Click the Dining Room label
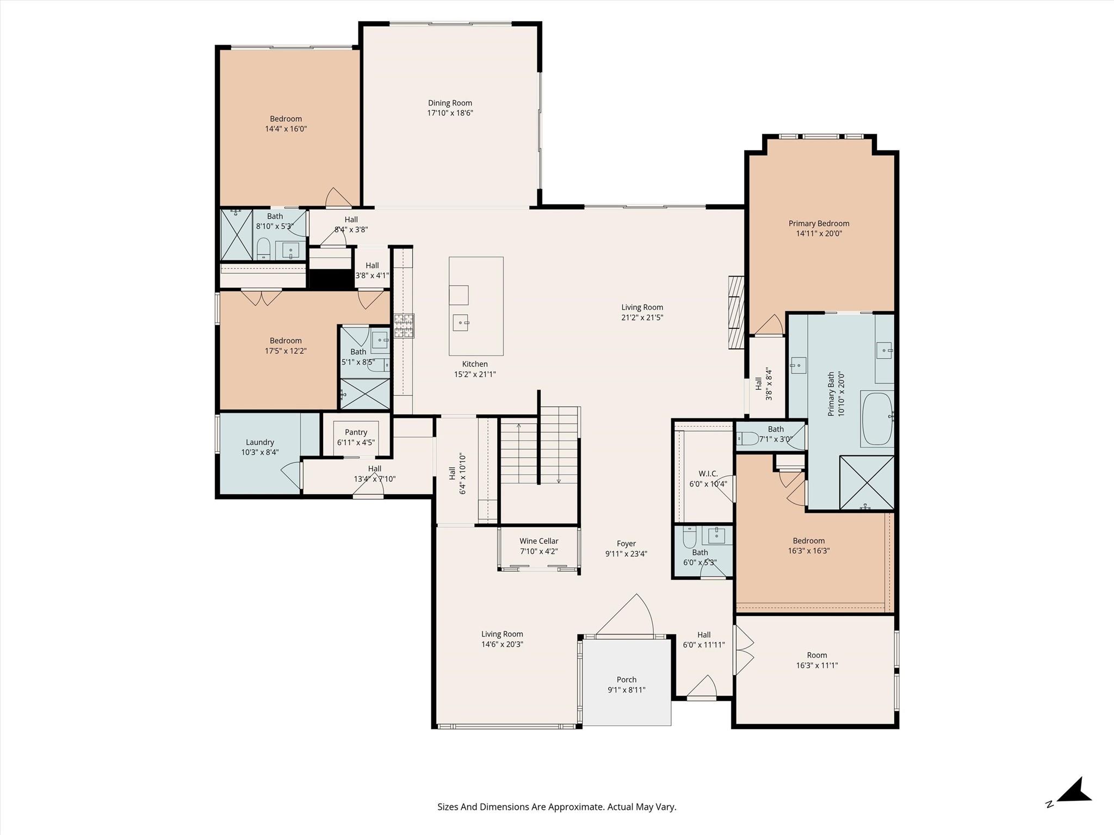(450, 103)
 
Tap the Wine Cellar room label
(539, 541)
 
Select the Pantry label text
(356, 432)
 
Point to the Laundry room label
(259, 442)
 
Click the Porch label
(626, 680)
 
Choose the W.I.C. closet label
(708, 473)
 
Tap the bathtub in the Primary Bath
(876, 418)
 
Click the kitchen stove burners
(404, 326)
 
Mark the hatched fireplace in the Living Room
(736, 312)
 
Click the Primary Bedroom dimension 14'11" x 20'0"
(819, 234)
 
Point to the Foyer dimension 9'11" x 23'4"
(626, 554)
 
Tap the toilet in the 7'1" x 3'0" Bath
(746, 438)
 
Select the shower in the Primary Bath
(867, 483)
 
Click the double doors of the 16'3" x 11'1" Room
(744, 650)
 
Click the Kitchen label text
(475, 364)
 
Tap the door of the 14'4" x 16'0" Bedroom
(338, 198)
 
